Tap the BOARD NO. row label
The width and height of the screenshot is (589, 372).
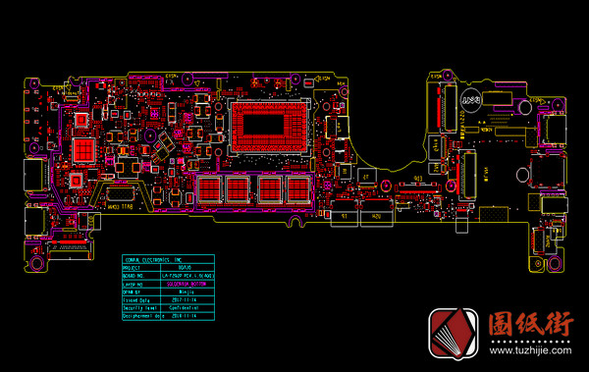(x=135, y=275)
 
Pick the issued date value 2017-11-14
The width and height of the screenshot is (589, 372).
(x=184, y=299)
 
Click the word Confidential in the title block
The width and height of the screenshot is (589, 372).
(x=187, y=308)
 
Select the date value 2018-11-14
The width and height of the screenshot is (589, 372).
(x=185, y=316)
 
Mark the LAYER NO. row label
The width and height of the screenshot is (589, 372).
(x=134, y=284)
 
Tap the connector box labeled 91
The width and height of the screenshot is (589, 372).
(x=343, y=213)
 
